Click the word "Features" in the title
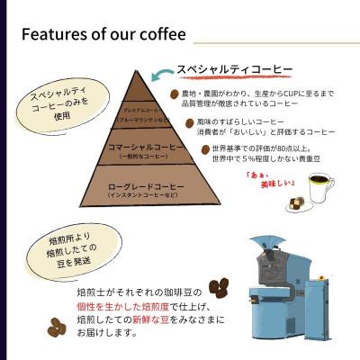click(x=55, y=35)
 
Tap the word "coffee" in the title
click(x=160, y=35)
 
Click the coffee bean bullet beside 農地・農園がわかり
click(x=175, y=93)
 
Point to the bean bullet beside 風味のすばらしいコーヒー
click(x=189, y=121)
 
